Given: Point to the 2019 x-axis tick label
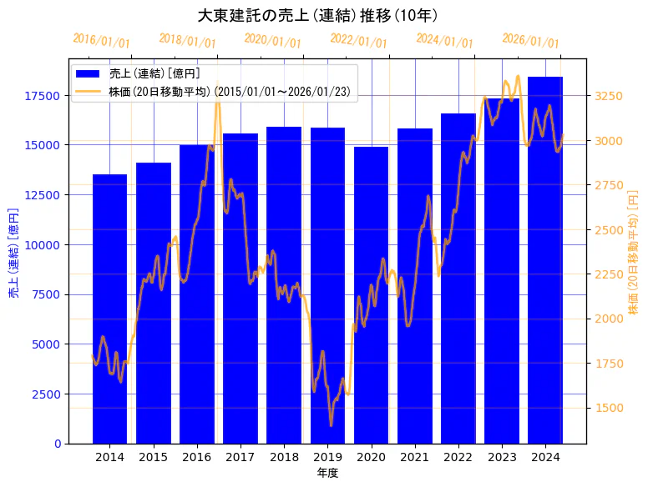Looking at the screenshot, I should pyautogui.click(x=327, y=457).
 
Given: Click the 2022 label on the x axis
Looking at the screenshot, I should pyautogui.click(x=458, y=457).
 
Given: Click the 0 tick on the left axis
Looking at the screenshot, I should pyautogui.click(x=58, y=444).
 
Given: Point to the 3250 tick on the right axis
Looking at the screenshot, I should pyautogui.click(x=608, y=96).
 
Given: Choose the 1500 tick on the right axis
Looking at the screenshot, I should pyautogui.click(x=608, y=408).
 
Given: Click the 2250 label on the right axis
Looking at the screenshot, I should pyautogui.click(x=608, y=274).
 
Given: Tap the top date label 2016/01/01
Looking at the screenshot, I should pyautogui.click(x=102, y=41).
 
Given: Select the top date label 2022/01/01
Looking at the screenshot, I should pyautogui.click(x=359, y=41).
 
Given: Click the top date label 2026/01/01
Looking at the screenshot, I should pyautogui.click(x=531, y=41).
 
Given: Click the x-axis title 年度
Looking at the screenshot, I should pyautogui.click(x=327, y=473).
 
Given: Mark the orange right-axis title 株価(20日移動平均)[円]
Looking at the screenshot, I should pyautogui.click(x=633, y=251).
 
